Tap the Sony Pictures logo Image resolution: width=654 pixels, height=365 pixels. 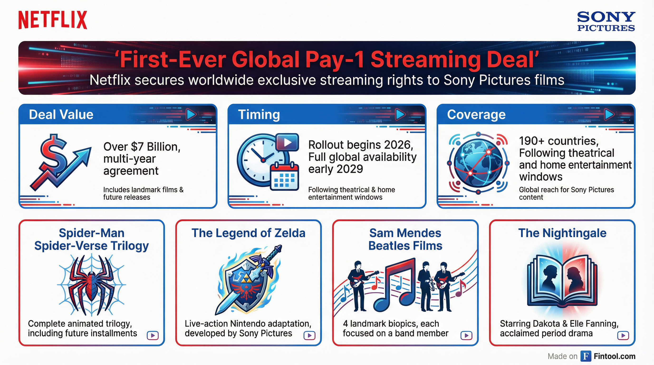point(606,22)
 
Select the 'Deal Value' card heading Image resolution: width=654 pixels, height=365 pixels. point(61,115)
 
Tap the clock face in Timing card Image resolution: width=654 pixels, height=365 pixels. point(261,160)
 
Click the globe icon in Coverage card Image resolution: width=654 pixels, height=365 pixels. point(478,163)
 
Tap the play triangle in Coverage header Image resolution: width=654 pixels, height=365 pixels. point(609,115)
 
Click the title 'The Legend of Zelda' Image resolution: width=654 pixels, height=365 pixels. point(248,233)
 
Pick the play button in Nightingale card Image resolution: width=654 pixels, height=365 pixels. point(623,335)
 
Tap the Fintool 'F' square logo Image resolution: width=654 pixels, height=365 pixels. point(586,356)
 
